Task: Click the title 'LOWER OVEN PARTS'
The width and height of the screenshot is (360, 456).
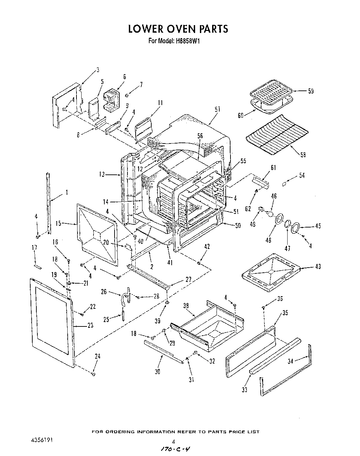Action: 178,29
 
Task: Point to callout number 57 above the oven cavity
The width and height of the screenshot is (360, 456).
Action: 217,109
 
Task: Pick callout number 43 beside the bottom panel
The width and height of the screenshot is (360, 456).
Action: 318,267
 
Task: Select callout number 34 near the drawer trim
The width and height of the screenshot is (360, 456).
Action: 290,361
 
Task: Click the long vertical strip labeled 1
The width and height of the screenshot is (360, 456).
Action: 49,204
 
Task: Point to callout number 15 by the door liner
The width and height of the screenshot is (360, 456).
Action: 58,223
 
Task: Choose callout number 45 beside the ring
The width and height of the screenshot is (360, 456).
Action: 318,226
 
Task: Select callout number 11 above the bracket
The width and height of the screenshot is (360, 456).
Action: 160,103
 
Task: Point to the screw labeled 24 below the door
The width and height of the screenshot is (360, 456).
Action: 93,374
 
